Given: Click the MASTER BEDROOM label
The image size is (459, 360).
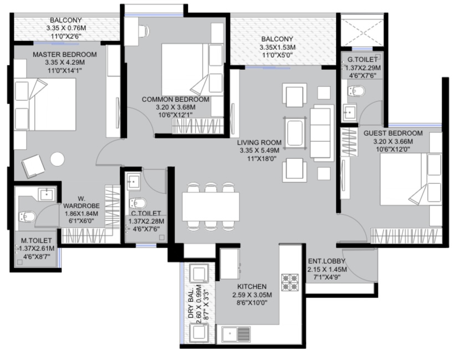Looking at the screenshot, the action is coord(65,54).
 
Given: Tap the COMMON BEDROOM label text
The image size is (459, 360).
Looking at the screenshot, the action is coord(176,100).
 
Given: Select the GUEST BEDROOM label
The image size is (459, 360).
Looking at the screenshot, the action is coord(393,133).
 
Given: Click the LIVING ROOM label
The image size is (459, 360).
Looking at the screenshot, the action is coord(259,142).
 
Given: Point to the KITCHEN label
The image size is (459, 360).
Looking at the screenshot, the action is coord(252,286).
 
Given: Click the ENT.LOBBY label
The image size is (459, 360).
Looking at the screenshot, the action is coord(327,261).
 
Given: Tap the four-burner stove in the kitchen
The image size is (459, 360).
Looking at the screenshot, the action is coord(290,282).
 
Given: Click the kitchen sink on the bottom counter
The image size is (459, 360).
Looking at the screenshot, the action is coord(236,335).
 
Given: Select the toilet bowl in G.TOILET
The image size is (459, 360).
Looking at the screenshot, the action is coord(356,91).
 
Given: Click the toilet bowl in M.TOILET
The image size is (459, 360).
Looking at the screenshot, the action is coord(27,217).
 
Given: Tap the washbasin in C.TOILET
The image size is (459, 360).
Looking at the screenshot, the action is coord(134,181).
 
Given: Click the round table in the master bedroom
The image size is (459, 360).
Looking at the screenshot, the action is coord(57,160).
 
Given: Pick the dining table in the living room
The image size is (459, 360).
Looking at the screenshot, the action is coord(211,207).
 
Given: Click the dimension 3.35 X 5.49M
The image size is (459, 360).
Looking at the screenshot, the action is coord(259,151).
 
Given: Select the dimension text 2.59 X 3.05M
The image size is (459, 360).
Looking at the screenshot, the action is coord(252,295).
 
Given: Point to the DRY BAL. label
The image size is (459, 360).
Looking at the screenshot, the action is coord(191,304).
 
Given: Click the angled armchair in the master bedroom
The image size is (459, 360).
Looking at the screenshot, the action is coord(33,166).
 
